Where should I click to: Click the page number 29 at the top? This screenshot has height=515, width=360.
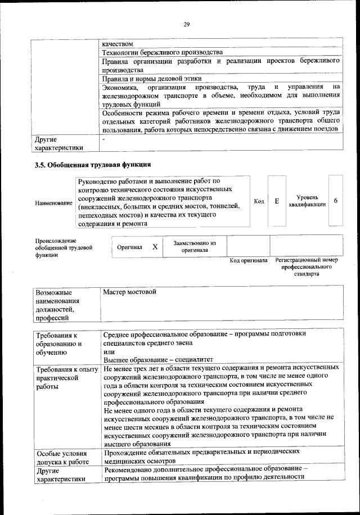(186, 23)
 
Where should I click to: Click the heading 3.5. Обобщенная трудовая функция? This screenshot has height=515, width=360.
(93, 165)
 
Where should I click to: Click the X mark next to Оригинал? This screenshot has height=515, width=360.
(155, 247)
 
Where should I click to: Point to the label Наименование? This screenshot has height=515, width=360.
(53, 202)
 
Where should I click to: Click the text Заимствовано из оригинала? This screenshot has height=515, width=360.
(195, 247)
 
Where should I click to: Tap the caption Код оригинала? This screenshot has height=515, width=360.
(249, 261)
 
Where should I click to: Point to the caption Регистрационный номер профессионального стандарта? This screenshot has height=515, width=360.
(307, 267)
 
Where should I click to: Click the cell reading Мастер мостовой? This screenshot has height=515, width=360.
(129, 292)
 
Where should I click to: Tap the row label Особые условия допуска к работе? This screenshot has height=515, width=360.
(62, 458)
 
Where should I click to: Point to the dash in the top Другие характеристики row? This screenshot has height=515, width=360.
(104, 139)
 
